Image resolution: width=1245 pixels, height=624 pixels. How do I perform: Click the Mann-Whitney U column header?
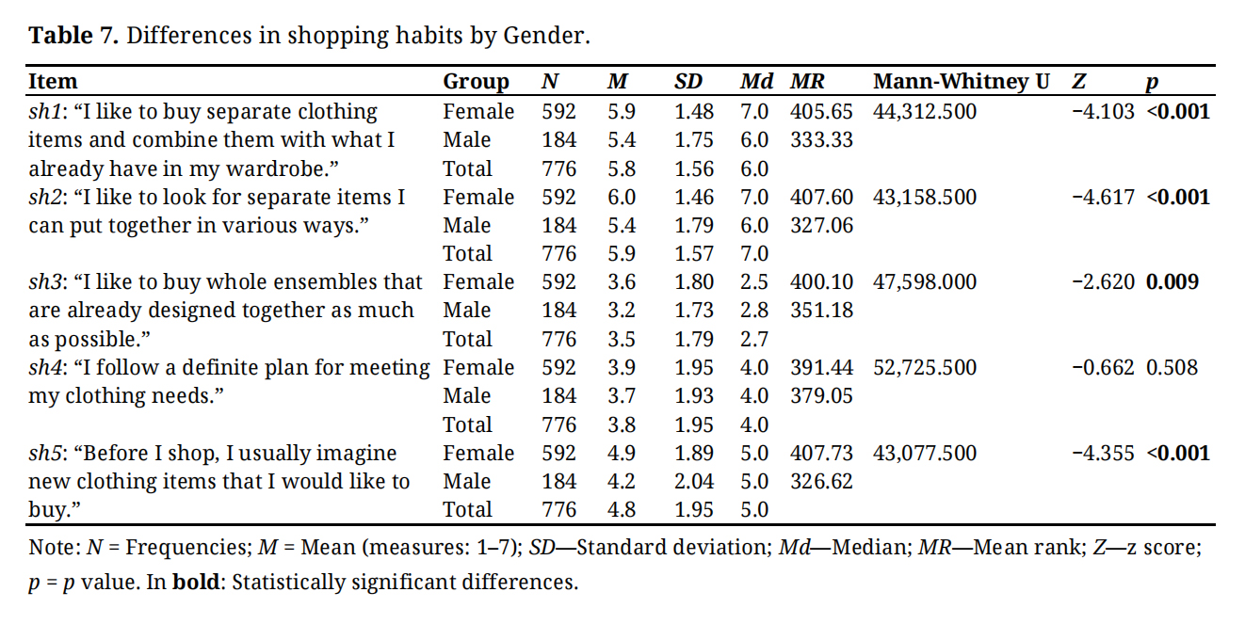[962, 82]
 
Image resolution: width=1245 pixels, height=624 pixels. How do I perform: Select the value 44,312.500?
[925, 112]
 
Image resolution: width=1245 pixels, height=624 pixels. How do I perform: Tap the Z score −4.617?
[1103, 198]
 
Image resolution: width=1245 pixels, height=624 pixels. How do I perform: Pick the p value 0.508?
[1172, 367]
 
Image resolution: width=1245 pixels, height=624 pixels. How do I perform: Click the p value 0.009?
[1172, 282]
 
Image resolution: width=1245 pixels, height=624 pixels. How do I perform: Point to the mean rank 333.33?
[821, 140]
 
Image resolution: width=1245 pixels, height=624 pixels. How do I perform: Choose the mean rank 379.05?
[821, 396]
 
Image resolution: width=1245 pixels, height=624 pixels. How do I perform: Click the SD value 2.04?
[694, 482]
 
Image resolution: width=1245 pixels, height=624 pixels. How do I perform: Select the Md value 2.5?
[754, 282]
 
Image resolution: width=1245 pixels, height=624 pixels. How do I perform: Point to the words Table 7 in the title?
[72, 37]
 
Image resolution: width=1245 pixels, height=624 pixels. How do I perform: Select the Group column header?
[476, 82]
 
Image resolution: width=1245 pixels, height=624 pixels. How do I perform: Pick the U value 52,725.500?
[925, 367]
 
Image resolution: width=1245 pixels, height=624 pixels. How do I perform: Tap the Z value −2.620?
[1103, 282]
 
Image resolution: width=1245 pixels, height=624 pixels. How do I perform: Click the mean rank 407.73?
[821, 454]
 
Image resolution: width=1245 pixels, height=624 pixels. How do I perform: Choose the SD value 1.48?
[694, 112]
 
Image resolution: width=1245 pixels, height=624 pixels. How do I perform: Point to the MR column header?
[808, 82]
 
